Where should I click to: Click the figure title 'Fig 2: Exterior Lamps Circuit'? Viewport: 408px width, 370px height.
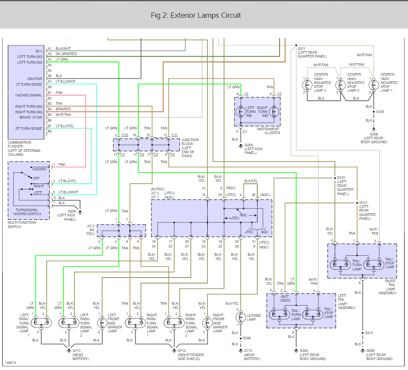pos(196,15)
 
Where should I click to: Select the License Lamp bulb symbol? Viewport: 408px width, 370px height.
pos(240,317)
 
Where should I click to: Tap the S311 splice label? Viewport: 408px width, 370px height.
pos(302,48)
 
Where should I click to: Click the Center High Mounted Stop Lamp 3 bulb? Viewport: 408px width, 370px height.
pos(307,85)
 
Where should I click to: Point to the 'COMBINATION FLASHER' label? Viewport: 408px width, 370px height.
pos(19,145)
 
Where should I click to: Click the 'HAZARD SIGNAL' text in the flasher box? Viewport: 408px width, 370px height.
pos(29,95)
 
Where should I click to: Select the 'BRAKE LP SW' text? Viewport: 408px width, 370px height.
pos(31,117)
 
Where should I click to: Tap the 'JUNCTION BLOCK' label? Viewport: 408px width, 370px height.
pos(190,142)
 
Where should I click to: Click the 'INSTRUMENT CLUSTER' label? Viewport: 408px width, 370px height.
pos(268,131)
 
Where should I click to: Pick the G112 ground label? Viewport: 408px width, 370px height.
pos(182,351)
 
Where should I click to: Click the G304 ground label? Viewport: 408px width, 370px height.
pos(304,351)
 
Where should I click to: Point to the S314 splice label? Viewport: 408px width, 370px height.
pos(363,203)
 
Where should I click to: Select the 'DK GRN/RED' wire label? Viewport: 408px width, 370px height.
pos(66,54)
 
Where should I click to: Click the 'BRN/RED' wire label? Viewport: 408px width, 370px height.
pos(63,109)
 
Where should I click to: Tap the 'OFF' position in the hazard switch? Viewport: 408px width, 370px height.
pos(36,178)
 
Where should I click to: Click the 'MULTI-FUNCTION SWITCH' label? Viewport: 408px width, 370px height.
pos(22,225)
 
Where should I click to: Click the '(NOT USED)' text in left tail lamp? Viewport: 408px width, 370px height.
pos(285,298)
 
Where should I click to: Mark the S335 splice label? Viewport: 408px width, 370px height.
pos(380,112)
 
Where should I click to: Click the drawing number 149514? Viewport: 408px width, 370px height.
pos(11,363)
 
